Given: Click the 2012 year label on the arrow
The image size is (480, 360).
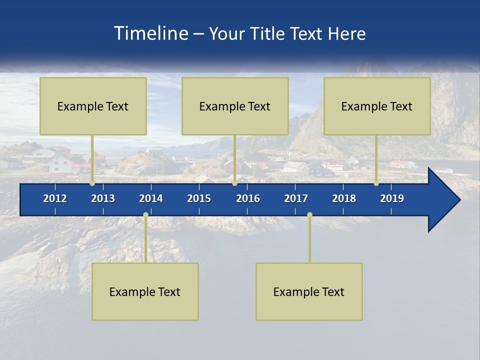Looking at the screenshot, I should pyautogui.click(x=55, y=198).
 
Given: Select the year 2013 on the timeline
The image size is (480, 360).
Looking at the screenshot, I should pyautogui.click(x=103, y=198).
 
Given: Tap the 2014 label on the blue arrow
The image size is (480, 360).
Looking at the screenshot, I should pyautogui.click(x=151, y=198).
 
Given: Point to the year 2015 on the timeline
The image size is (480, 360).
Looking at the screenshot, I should pyautogui.click(x=199, y=198).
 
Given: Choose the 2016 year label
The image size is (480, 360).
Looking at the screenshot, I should pyautogui.click(x=248, y=198).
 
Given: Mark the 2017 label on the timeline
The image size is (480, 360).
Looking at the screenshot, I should pyautogui.click(x=296, y=198).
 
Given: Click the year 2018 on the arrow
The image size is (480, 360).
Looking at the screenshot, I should pyautogui.click(x=344, y=198).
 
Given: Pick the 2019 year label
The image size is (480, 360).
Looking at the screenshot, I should pyautogui.click(x=392, y=198).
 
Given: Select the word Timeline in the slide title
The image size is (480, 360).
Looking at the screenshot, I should pyautogui.click(x=151, y=33).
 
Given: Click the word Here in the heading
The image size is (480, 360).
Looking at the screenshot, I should pyautogui.click(x=346, y=33).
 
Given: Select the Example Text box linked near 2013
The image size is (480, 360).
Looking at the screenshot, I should pyautogui.click(x=93, y=106).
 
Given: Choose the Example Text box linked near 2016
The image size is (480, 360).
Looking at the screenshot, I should pyautogui.click(x=235, y=106).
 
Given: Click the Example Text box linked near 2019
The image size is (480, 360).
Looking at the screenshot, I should pyautogui.click(x=377, y=106).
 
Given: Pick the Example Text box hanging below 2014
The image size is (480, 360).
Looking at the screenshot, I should pyautogui.click(x=145, y=291).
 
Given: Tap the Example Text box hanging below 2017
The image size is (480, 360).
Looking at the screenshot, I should pyautogui.click(x=309, y=291).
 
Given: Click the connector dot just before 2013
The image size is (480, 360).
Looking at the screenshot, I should pyautogui.click(x=92, y=183).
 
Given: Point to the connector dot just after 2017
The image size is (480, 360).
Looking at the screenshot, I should pyautogui.click(x=309, y=214).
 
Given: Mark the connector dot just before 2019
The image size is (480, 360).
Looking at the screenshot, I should pyautogui.click(x=376, y=183).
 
